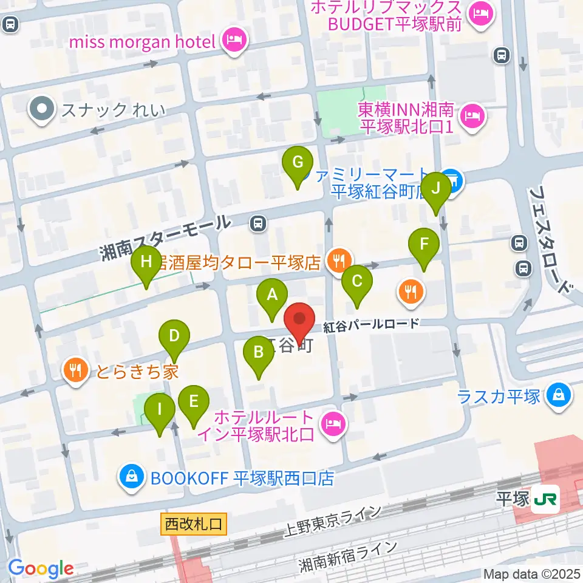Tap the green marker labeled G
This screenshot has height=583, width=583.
tap(298, 163)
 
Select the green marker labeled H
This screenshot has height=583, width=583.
tap(146, 262)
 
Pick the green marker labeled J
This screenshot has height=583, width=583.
tap(436, 188)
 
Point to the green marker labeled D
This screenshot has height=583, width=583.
tap(174, 336)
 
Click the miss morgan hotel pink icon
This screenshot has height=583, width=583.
tap(234, 41)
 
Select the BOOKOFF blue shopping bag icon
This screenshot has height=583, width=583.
tap(132, 477)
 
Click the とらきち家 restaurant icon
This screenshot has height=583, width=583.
tap(75, 370)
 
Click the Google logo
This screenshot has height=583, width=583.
tap(41, 569)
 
